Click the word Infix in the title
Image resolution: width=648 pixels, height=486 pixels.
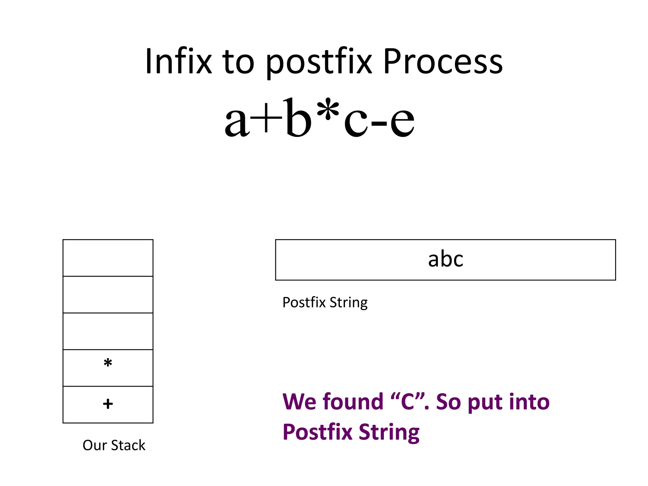pyautogui.click(x=178, y=61)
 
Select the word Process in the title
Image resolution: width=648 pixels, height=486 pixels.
pyautogui.click(x=443, y=61)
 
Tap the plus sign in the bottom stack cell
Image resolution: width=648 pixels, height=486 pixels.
pyautogui.click(x=108, y=404)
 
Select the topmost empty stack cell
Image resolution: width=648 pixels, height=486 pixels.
pyautogui.click(x=108, y=258)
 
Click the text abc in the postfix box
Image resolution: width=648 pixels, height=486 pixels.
pyautogui.click(x=445, y=259)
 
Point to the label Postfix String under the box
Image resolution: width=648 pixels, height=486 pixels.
pyautogui.click(x=325, y=302)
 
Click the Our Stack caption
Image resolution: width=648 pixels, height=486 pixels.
pyautogui.click(x=114, y=445)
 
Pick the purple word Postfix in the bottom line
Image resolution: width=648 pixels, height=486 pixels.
pyautogui.click(x=317, y=432)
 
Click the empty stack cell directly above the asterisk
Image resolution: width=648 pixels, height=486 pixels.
pyautogui.click(x=108, y=331)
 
